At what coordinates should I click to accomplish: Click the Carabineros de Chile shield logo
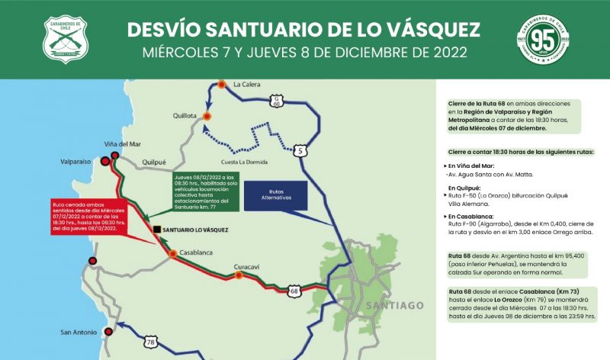pos(66,40)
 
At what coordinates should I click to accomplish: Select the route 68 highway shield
pos(295,291)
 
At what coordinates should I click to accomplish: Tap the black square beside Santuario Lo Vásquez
pos(156,229)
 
